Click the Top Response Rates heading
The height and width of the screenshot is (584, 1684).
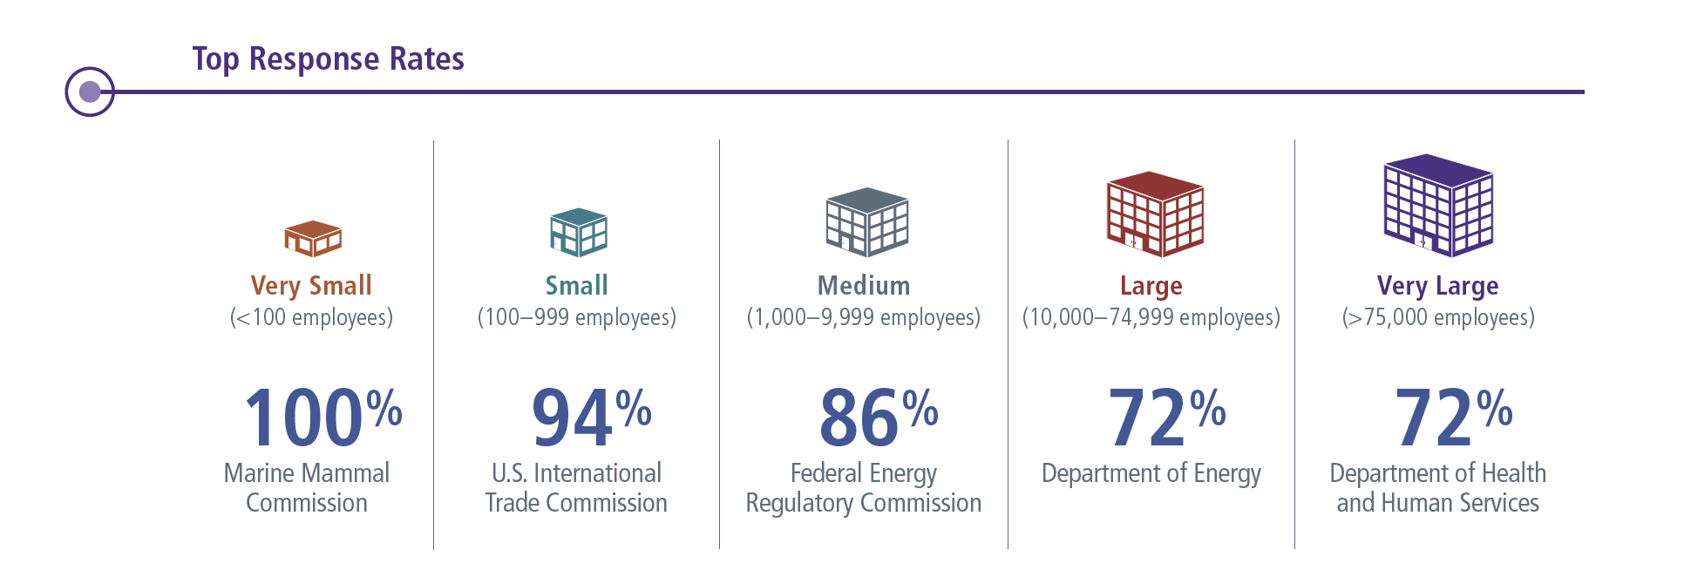[x=328, y=59]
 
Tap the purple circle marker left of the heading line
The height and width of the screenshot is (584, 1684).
[x=90, y=92]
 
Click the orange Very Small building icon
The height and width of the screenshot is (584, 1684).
[x=313, y=238]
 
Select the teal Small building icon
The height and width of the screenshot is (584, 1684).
[x=578, y=232]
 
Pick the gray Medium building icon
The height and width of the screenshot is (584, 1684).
[x=866, y=222]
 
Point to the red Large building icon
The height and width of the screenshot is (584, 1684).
[x=1155, y=214]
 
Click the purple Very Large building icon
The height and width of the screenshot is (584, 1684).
[x=1438, y=206]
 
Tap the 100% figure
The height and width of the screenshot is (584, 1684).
[x=322, y=418]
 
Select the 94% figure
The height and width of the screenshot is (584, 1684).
[x=591, y=418]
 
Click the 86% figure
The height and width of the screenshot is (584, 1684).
[x=878, y=418]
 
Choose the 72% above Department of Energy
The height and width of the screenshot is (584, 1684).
[x=1165, y=418]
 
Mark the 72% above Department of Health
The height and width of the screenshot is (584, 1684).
[x=1452, y=418]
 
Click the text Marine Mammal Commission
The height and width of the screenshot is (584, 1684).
[x=307, y=488]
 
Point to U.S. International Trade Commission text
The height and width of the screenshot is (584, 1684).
[x=576, y=488]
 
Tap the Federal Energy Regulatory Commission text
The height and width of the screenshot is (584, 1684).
[x=863, y=488]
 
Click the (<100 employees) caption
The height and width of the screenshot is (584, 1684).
[x=311, y=317]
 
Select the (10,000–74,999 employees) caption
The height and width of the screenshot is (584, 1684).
[x=1151, y=317]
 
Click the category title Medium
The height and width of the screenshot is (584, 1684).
[x=863, y=286]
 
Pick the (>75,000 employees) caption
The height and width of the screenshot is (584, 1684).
[x=1438, y=317]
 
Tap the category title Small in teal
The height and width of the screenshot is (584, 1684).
[x=576, y=286]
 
